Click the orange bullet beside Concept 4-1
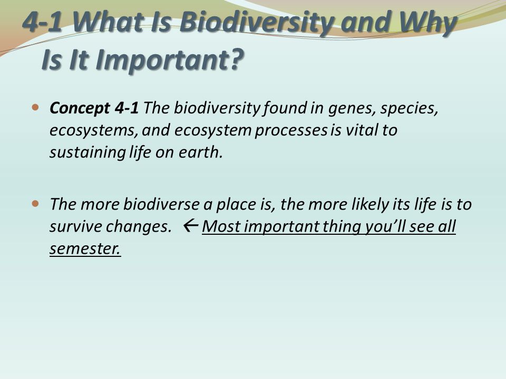click(35, 107)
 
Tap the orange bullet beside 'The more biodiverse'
click(35, 204)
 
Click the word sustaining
click(87, 153)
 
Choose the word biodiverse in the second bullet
click(161, 204)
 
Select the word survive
click(76, 227)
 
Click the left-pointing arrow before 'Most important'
click(190, 226)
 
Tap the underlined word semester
click(85, 248)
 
